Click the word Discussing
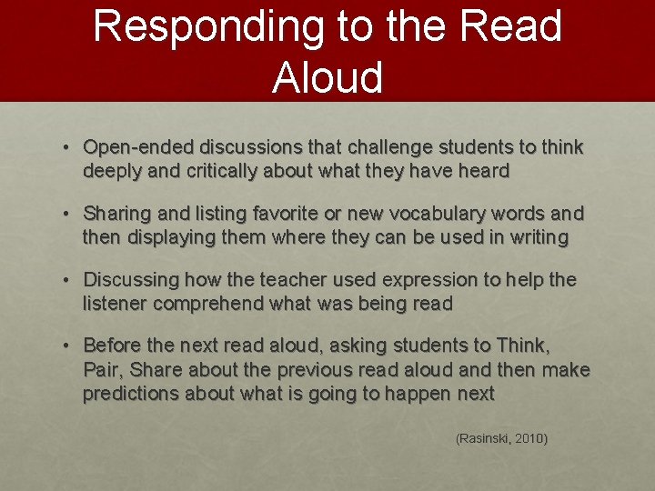click(133, 279)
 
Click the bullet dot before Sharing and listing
click(68, 214)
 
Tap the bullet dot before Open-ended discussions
click(68, 147)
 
